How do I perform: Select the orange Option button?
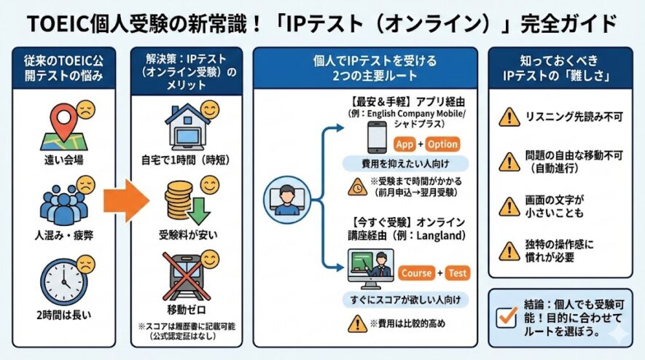point(442,144)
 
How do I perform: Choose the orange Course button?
point(416,273)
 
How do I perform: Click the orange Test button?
point(457,273)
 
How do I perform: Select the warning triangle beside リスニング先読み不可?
point(508,117)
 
